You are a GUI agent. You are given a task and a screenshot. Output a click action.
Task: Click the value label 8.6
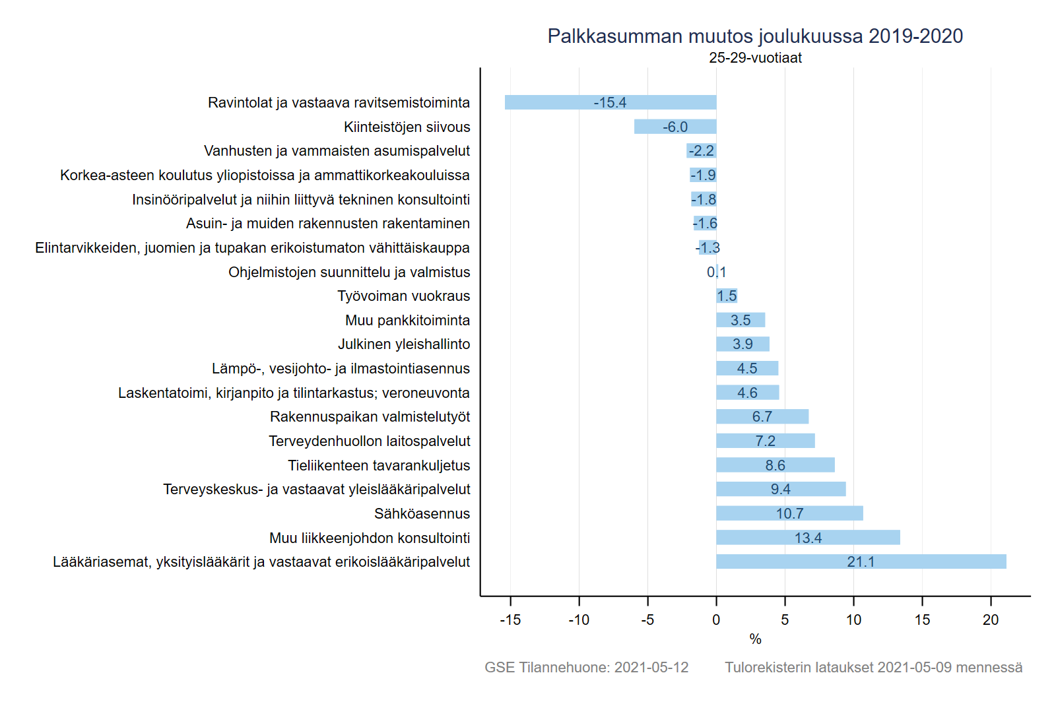775,465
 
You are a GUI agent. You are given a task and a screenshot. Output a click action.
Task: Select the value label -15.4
610,102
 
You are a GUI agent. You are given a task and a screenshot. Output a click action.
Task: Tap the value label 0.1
716,272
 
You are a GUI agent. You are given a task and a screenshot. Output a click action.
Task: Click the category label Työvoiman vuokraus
403,296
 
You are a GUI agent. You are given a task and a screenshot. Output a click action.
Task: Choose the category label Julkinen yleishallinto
404,344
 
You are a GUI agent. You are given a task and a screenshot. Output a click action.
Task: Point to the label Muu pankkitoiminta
407,320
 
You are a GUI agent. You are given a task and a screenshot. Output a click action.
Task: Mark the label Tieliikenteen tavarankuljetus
379,465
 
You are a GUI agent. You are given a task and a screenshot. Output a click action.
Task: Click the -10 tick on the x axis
579,620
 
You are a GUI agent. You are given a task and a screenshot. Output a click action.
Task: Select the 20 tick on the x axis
991,620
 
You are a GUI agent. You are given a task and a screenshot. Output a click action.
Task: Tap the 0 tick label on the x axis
716,620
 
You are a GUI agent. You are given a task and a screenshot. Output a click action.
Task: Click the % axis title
755,639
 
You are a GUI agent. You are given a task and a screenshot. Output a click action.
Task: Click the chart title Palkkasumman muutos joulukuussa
755,36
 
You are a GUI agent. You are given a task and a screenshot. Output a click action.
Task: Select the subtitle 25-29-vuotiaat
755,58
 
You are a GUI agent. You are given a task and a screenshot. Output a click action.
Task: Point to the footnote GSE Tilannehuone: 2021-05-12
586,667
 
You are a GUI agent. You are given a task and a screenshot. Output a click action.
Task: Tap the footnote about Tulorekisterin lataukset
873,667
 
